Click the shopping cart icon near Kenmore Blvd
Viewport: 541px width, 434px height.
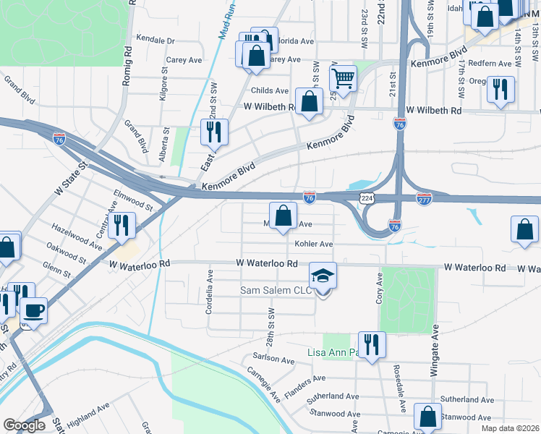click(343, 77)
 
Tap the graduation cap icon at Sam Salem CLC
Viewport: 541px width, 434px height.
click(323, 275)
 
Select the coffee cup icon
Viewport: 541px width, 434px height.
click(33, 311)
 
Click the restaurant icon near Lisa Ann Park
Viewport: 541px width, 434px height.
click(372, 344)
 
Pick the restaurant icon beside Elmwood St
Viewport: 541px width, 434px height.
click(121, 226)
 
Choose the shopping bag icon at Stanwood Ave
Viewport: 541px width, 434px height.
click(427, 417)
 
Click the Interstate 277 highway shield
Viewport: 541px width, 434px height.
click(424, 198)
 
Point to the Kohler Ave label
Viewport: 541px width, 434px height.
click(313, 244)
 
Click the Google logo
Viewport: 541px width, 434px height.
click(24, 425)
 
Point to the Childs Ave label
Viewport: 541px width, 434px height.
click(269, 90)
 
